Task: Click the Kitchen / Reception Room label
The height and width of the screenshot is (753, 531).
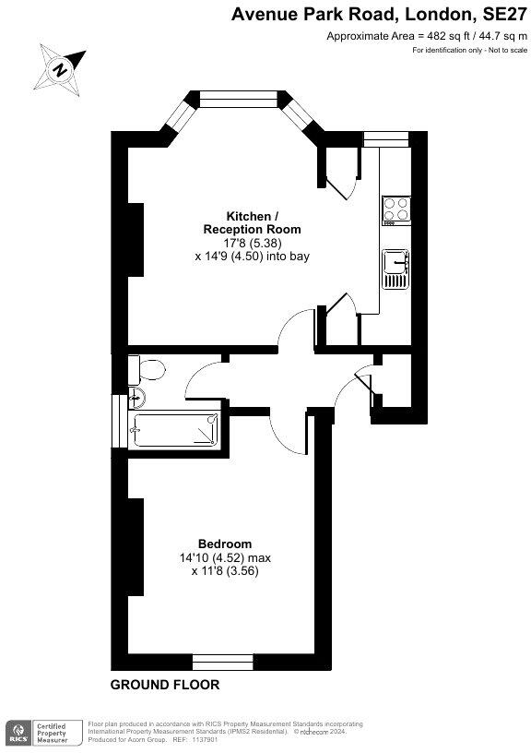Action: [x=251, y=221]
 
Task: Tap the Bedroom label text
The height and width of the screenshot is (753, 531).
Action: [x=225, y=544]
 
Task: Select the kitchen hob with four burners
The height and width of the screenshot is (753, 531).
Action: [x=396, y=210]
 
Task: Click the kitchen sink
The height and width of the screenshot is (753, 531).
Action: [x=396, y=269]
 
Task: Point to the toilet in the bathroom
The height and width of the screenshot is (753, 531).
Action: [x=145, y=371]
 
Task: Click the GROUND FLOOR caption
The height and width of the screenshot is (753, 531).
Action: [x=165, y=685]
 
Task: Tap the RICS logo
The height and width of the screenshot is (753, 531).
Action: [x=18, y=733]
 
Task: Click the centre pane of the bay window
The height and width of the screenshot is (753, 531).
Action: [x=240, y=96]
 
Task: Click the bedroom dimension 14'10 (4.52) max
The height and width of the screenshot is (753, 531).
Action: [x=225, y=557]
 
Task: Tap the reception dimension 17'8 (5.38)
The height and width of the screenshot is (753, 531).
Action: [x=251, y=243]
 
